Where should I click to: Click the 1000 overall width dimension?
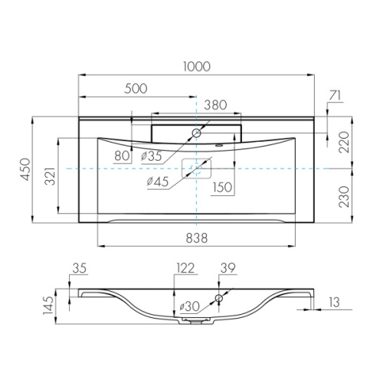[197, 67]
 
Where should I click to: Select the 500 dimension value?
[136, 89]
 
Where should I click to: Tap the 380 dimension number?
[215, 105]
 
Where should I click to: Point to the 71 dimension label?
[335, 96]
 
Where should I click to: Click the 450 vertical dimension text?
[27, 169]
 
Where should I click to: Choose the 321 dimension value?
[51, 176]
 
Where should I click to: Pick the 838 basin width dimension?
[197, 238]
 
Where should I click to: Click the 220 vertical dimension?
[345, 142]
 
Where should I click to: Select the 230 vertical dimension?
[345, 197]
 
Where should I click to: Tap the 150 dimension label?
[222, 187]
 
